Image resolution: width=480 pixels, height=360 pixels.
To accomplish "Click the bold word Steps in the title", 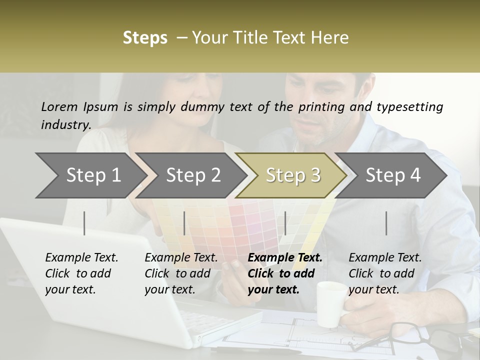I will tap(145, 38).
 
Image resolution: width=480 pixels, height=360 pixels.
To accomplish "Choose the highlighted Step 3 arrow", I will tap(292, 175).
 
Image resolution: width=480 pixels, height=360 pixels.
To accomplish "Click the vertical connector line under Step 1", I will tap(84, 223).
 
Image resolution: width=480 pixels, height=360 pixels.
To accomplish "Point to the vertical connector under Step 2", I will tap(184, 223).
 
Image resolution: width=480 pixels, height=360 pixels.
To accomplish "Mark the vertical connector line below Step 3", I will tap(285, 223).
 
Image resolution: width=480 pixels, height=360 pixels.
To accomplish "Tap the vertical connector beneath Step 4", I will tap(386, 223).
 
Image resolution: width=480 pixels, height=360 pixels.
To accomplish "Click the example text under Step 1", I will tap(81, 273).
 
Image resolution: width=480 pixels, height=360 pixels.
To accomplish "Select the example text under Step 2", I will tap(181, 273).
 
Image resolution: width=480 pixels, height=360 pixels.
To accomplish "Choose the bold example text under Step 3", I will tap(285, 273).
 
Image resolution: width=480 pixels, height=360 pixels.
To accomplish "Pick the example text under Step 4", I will tap(385, 273).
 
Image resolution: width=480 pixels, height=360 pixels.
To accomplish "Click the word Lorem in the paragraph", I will tap(59, 106).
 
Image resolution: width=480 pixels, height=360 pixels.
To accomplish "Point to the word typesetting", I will tap(409, 107).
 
